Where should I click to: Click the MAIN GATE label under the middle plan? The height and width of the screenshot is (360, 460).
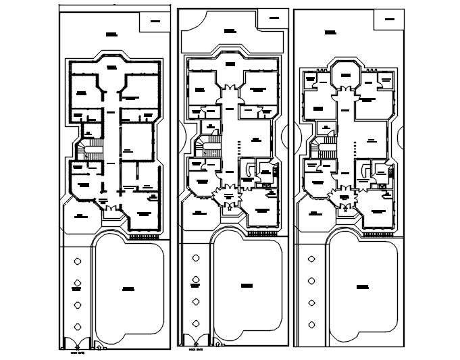point(196,350)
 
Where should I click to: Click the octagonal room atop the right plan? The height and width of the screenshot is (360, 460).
point(344,74)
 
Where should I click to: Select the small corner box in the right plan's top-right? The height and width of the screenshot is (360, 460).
point(389,19)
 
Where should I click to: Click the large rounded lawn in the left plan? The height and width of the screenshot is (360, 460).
point(128,288)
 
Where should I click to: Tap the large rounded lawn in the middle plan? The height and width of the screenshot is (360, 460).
point(247,285)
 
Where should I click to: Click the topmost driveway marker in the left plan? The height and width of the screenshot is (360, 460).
point(78,261)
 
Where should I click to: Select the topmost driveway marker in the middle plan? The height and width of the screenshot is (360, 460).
point(195,257)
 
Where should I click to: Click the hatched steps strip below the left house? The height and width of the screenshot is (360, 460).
point(143,237)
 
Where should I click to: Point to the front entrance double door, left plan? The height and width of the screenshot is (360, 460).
point(108,211)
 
